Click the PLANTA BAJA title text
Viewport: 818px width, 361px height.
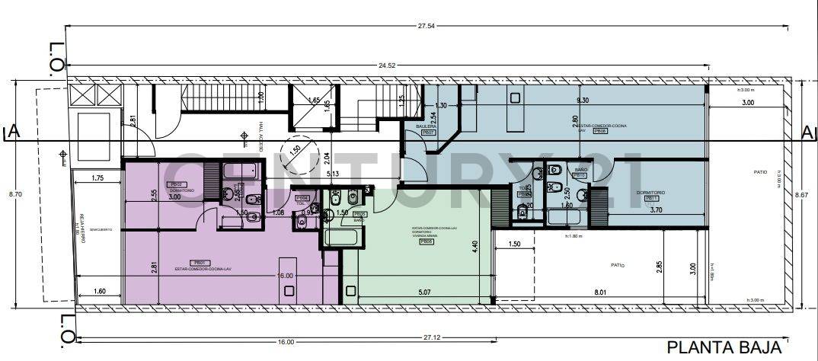click(x=724, y=348)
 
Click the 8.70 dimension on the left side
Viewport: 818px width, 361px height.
click(x=15, y=195)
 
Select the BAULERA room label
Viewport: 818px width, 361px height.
click(x=426, y=125)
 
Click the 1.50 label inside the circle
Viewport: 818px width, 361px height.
click(x=294, y=149)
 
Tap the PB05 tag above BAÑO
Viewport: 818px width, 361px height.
click(x=359, y=215)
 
